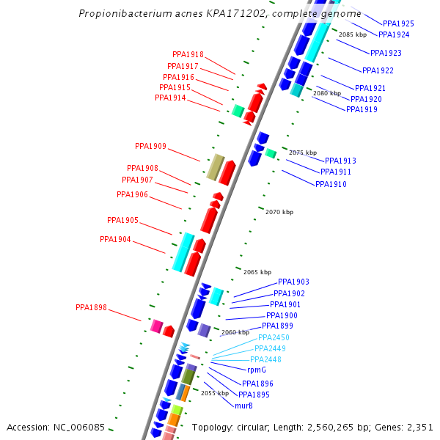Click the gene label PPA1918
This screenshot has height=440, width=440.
[188, 54]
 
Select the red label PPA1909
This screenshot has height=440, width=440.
[150, 146]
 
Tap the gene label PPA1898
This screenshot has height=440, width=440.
[91, 307]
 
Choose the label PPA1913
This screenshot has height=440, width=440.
[340, 161]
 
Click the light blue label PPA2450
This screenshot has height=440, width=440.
[273, 337]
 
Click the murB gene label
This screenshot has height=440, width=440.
[243, 406]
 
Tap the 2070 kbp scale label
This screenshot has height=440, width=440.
[279, 212]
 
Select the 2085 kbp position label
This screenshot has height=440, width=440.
[353, 34]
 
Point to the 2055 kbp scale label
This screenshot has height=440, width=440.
[215, 393]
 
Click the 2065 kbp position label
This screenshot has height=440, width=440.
[257, 272]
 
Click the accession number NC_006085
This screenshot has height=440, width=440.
[87, 427]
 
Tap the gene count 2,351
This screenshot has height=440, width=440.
[419, 427]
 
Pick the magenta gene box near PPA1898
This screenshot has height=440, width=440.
[156, 325]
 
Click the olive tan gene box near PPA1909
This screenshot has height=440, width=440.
[215, 167]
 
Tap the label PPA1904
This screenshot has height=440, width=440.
[115, 239]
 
